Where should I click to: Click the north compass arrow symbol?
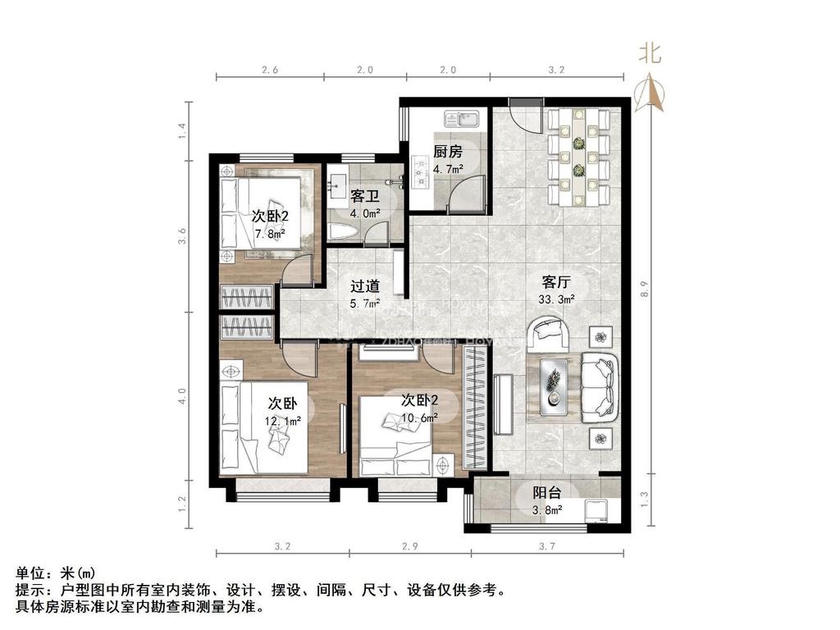[654, 92]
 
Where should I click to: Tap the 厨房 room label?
[447, 152]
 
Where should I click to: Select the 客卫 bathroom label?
[363, 197]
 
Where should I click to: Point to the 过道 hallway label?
[365, 286]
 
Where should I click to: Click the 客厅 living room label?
[556, 282]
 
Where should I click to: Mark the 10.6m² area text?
[418, 418]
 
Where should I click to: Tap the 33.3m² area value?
[556, 300]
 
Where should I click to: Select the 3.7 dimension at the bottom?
[547, 546]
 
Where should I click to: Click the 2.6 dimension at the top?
[270, 71]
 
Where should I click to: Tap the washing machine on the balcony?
[598, 509]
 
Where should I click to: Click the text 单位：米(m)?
[56, 573]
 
